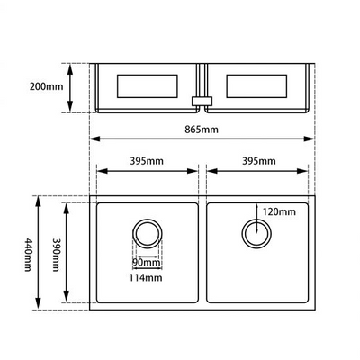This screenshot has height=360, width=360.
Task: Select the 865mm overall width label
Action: coord(202,130)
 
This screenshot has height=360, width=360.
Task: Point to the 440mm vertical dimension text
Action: coord(29,255)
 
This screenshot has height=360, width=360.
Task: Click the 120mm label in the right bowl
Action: coord(279,211)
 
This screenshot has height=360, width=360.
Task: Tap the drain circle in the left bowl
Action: coord(147,235)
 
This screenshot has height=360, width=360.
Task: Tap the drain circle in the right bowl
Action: coord(256,234)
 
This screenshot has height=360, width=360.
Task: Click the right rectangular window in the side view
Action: coord(258,86)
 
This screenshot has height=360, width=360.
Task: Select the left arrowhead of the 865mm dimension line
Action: coord(93,139)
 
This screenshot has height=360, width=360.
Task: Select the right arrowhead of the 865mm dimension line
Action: coord(311,139)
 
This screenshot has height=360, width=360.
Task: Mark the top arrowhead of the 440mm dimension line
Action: coord(39,200)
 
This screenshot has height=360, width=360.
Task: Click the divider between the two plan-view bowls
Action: coord(203,253)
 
